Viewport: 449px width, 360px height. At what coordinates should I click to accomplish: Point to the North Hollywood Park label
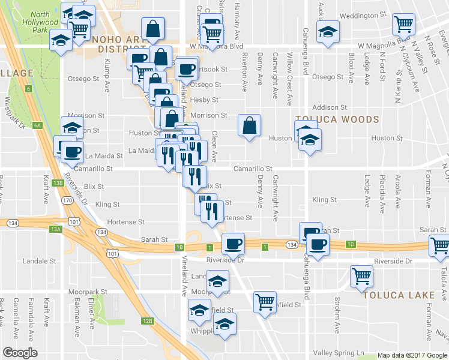(40, 22)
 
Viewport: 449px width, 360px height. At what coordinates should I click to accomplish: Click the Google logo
(20, 352)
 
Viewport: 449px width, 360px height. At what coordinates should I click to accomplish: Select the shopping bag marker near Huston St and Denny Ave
(249, 125)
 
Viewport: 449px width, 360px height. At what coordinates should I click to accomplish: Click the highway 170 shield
(67, 199)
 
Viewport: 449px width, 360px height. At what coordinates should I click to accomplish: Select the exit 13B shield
(58, 182)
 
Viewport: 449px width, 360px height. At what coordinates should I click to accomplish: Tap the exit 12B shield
(148, 321)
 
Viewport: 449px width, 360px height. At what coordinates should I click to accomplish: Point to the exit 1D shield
(351, 244)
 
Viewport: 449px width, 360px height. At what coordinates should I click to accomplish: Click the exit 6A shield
(37, 125)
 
